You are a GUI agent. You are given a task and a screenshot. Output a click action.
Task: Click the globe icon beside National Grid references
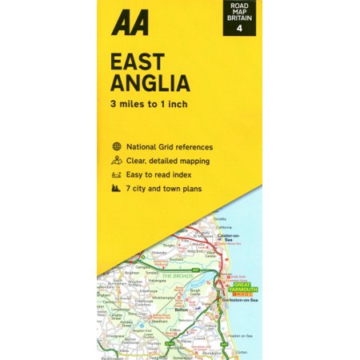[x=118, y=147]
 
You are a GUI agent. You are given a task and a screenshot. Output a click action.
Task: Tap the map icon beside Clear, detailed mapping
[x=118, y=161]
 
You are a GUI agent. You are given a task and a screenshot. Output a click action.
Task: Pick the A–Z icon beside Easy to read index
[x=118, y=174]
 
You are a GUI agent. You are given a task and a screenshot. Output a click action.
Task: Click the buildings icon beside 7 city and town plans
[x=118, y=188]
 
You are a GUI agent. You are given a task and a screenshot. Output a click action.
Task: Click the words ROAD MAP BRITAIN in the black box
[x=239, y=14]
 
